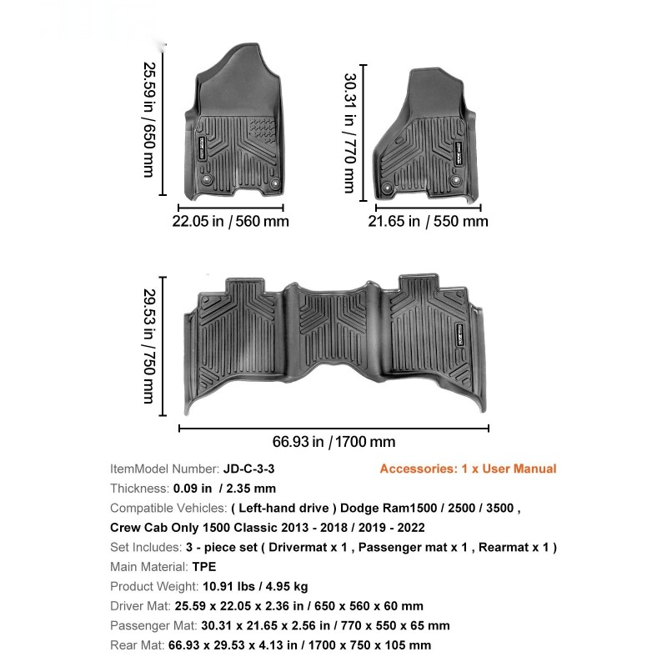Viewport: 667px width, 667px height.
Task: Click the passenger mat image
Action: [420, 133]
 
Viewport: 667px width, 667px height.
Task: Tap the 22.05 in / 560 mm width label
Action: [230, 221]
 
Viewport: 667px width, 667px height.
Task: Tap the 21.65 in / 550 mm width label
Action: [429, 221]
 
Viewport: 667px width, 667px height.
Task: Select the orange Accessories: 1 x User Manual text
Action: [468, 469]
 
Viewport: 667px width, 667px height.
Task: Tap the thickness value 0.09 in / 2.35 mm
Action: [224, 489]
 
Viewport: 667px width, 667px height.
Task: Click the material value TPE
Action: [204, 567]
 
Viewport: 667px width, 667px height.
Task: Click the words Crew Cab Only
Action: [150, 528]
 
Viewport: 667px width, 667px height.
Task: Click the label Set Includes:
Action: [146, 547]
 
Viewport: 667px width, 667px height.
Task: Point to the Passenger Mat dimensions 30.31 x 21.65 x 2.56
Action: [324, 625]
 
